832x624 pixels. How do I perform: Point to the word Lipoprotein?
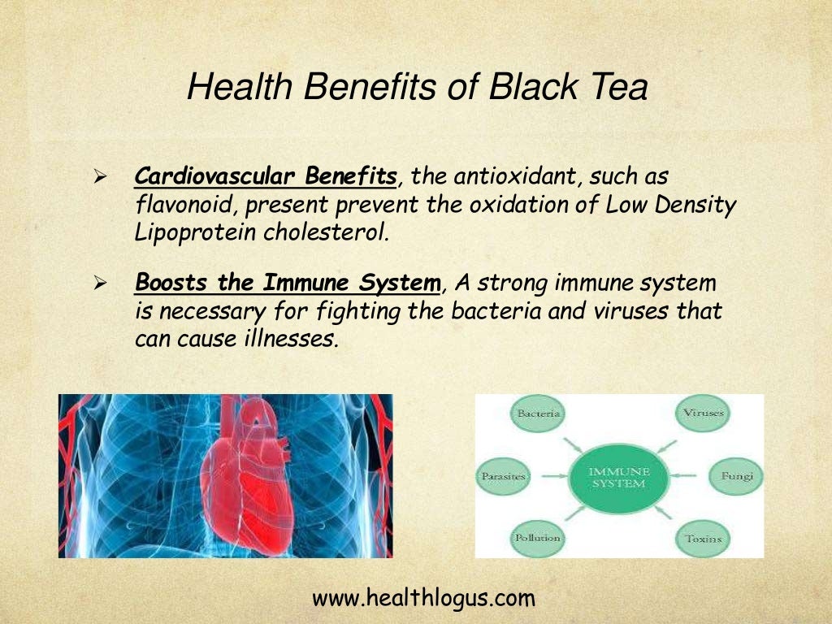pyautogui.click(x=196, y=232)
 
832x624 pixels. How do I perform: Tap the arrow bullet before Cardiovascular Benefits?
pyautogui.click(x=101, y=177)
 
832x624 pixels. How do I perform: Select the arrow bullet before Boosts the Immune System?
pyautogui.click(x=101, y=284)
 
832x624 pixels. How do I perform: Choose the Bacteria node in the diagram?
pyautogui.click(x=537, y=414)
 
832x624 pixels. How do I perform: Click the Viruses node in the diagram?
pyautogui.click(x=703, y=414)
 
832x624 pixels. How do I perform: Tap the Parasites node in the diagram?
pyautogui.click(x=504, y=476)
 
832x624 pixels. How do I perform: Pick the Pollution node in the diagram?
pyautogui.click(x=537, y=538)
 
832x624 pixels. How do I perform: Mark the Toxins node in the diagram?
pyautogui.click(x=703, y=538)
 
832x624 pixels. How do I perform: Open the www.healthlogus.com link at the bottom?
pyautogui.click(x=423, y=600)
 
